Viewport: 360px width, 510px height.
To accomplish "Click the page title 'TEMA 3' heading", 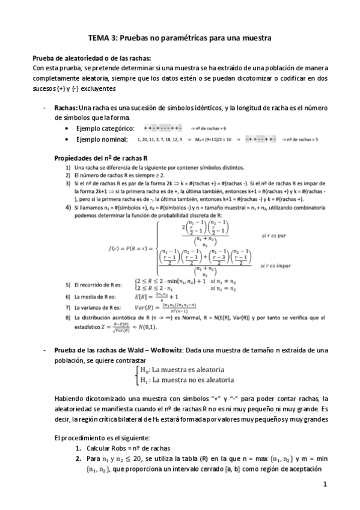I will pos(180,38).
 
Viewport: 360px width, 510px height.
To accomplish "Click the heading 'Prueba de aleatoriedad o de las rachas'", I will pos(91,58).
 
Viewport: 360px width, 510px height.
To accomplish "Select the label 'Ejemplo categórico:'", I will pos(102,129).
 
